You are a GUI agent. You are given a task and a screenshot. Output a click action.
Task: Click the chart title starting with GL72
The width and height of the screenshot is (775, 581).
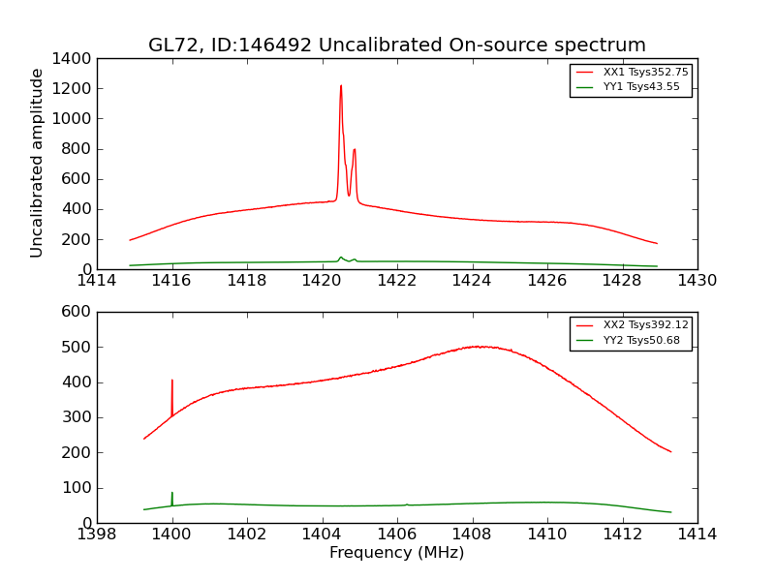coord(396,46)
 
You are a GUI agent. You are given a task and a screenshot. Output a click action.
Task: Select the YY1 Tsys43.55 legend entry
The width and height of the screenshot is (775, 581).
coord(641,87)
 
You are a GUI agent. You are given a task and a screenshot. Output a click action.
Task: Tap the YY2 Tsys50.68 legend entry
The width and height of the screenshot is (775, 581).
coord(641,340)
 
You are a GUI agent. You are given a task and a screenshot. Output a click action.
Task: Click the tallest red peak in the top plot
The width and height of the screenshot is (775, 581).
coord(341,87)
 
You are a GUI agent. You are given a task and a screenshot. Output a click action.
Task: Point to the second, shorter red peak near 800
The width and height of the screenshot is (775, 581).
coord(355,150)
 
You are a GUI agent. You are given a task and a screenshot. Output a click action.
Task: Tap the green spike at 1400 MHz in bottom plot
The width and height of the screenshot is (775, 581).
coord(172,493)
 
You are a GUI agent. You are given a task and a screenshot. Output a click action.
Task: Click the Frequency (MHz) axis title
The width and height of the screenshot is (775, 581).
coord(396,553)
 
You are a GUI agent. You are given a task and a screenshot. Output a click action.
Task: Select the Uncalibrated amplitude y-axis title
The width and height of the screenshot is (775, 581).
coord(37,163)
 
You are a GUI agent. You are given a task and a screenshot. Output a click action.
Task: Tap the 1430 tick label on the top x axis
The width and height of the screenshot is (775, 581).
coord(697,281)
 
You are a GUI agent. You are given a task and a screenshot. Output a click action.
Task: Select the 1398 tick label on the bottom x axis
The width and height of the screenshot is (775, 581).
coord(97,535)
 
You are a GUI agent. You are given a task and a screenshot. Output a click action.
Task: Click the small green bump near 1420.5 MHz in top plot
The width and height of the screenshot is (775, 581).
coord(341,258)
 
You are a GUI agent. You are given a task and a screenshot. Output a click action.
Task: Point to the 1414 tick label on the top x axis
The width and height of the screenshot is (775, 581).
coord(97,281)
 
